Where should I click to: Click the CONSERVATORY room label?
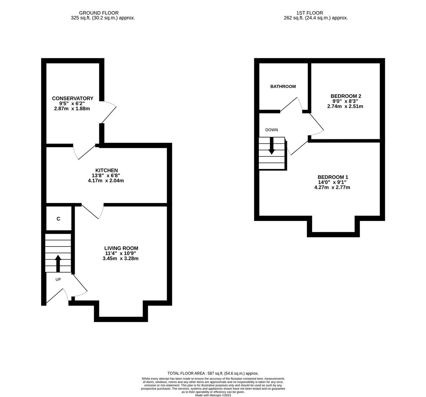72,98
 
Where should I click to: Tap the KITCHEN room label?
106,170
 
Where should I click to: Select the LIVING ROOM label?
121,248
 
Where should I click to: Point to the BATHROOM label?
283,86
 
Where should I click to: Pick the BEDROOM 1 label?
333,177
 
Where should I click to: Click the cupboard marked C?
58,219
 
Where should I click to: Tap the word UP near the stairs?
58,279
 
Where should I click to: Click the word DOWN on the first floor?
271,130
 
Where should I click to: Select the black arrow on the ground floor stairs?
58,263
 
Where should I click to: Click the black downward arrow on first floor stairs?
271,146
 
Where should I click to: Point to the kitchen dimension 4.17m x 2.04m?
106,180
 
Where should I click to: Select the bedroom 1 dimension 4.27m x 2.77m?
332,187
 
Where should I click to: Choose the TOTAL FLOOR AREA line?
213,373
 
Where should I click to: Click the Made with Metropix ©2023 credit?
213,395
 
